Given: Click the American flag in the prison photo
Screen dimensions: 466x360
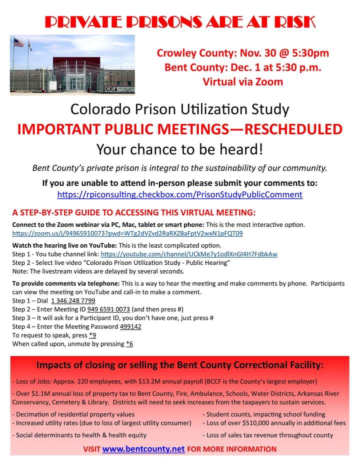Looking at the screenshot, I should pyautogui.click(x=18, y=43).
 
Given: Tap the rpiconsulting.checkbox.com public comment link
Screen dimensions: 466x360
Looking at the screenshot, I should pyautogui.click(x=180, y=194).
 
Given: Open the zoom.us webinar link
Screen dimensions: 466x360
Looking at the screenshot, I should pyautogui.click(x=127, y=234).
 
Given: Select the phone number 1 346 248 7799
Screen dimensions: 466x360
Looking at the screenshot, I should pyautogui.click(x=73, y=301).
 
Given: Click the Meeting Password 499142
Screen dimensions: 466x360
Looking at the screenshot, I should pyautogui.click(x=130, y=326).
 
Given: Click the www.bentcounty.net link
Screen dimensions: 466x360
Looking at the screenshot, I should pyautogui.click(x=143, y=449).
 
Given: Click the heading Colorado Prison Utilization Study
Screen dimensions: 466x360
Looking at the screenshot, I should pyautogui.click(x=180, y=108).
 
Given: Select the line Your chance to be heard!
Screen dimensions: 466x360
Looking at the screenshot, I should pyautogui.click(x=180, y=149).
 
